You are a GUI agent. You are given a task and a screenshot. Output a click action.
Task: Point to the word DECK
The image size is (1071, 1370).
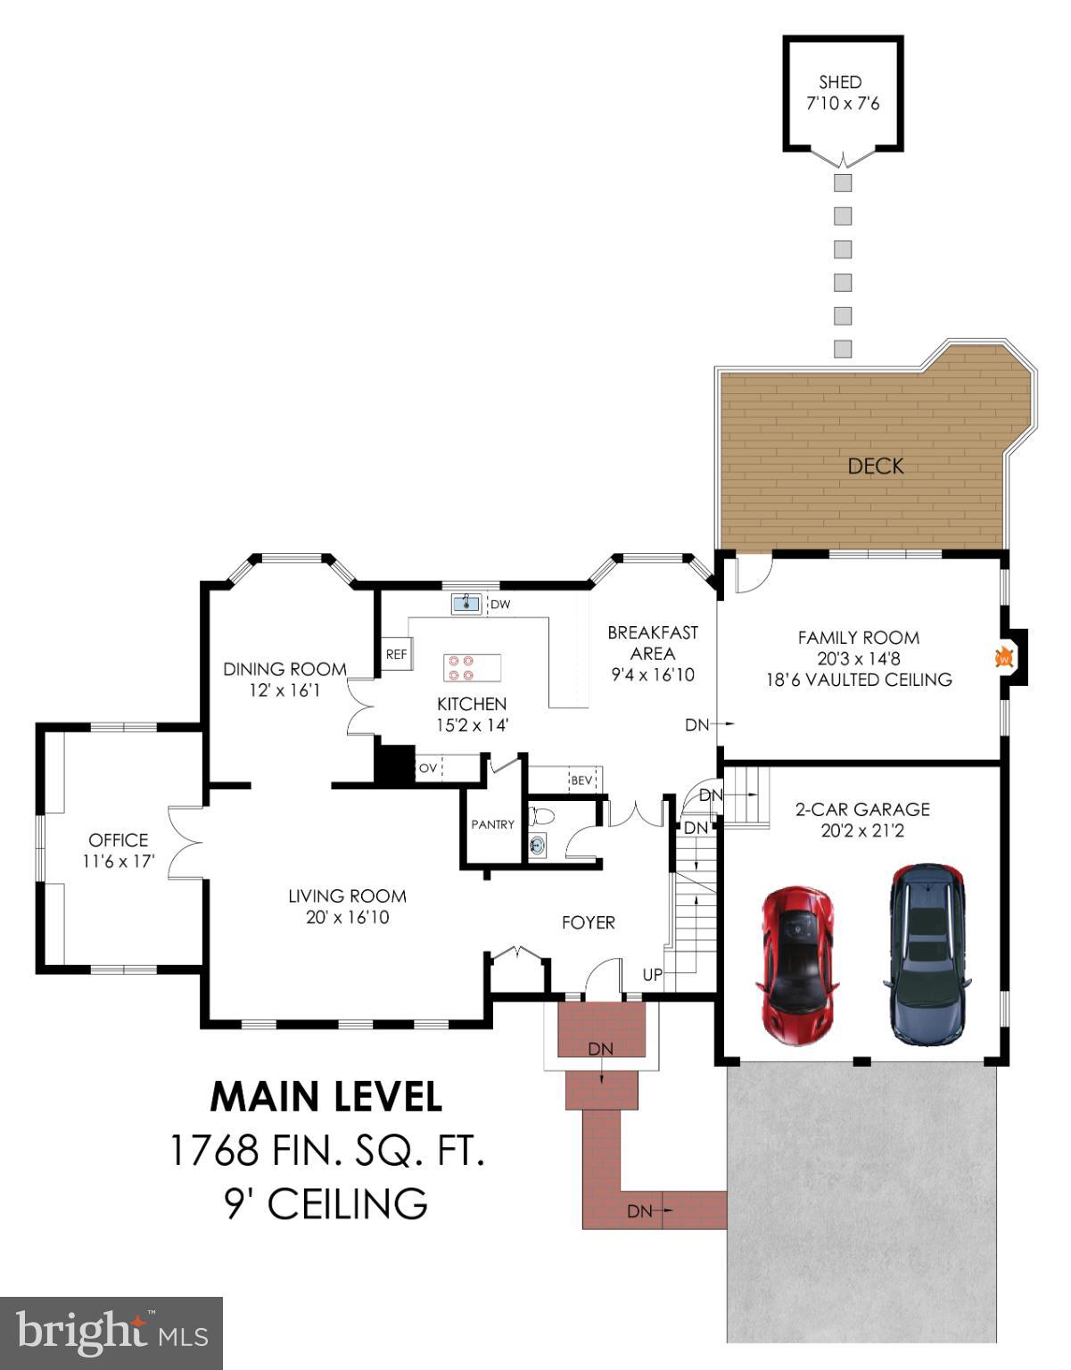[x=875, y=466]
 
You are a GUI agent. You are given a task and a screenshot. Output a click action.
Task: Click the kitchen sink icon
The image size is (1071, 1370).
[x=465, y=604]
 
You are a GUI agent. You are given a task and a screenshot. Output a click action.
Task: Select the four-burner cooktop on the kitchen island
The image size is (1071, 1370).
[x=472, y=667]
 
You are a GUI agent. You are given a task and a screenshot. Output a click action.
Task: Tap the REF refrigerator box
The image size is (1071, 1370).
[x=396, y=655]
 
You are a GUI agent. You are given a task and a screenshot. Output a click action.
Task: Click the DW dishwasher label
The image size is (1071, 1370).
[x=501, y=605]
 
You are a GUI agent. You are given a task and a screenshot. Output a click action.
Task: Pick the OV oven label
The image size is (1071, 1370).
[x=428, y=768]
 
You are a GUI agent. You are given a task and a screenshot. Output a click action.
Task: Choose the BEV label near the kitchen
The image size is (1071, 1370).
[x=581, y=780]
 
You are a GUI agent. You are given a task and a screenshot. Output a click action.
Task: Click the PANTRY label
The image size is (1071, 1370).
[x=492, y=825]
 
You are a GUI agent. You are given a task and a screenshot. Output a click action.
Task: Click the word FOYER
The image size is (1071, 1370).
[x=588, y=922]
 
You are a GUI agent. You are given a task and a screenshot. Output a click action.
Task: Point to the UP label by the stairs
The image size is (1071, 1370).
[x=653, y=975]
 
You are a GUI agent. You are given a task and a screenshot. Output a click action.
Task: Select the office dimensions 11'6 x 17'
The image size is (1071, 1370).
[x=119, y=862]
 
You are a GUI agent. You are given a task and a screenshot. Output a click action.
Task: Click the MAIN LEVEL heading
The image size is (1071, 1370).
[x=325, y=1097]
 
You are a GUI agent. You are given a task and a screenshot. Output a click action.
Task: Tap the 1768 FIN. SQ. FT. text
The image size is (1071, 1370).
[x=326, y=1151]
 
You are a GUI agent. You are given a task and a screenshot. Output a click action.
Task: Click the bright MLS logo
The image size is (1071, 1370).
[x=111, y=1333]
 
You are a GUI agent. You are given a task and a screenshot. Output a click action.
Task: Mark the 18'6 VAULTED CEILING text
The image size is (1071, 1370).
[x=858, y=680]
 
